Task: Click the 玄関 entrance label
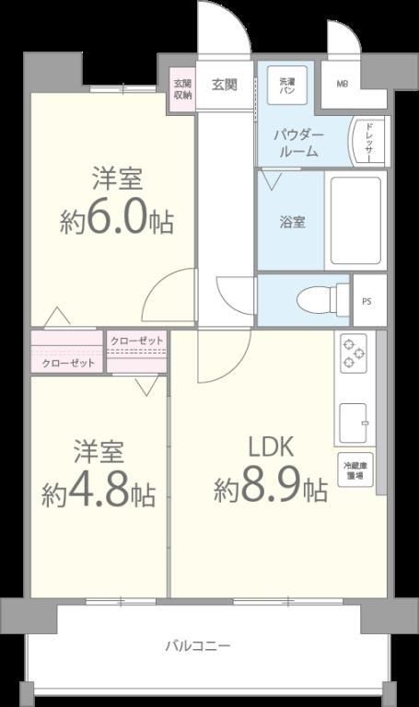click(225, 85)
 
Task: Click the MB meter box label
click(342, 86)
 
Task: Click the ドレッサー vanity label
click(368, 142)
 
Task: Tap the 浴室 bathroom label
click(293, 222)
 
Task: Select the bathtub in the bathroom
click(354, 221)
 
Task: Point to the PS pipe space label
click(368, 300)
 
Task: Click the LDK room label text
click(270, 447)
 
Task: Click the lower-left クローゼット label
click(69, 363)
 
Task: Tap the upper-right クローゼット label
click(136, 342)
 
